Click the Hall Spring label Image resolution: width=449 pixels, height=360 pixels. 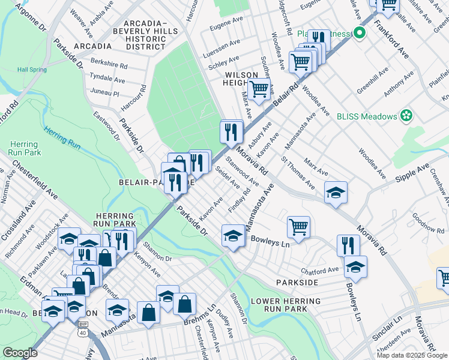point(32,70)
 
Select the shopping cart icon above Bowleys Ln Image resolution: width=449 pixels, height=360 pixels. point(298,227)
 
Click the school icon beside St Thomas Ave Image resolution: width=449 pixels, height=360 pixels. point(336,192)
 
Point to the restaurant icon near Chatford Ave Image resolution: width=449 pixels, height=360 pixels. point(348,245)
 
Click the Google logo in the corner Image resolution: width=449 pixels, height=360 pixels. point(20,353)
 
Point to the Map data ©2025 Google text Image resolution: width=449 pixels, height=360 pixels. point(411,355)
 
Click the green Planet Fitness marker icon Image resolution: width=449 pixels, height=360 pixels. point(360,33)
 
